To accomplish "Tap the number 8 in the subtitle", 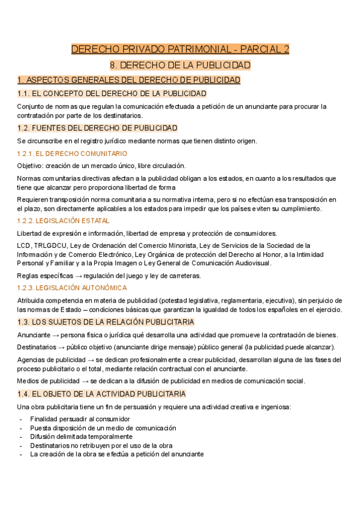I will pos(115,65).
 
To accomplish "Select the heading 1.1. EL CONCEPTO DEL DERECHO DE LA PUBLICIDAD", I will pos(112,94).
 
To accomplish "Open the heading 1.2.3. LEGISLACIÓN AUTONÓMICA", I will pos(72,288).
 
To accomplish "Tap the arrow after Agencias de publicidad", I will pos(86,360).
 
